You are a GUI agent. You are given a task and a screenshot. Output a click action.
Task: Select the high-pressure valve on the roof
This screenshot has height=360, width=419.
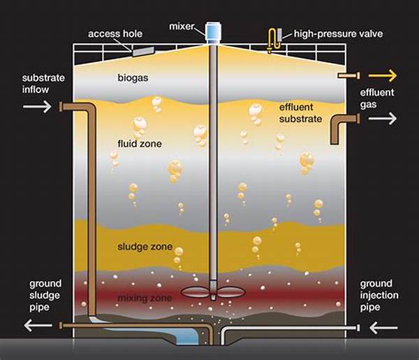coord(274,40)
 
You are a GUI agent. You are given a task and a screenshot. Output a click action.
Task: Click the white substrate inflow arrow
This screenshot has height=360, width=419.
coord(36,106)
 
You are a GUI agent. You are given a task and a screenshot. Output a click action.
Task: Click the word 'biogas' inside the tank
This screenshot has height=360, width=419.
coord(133,78)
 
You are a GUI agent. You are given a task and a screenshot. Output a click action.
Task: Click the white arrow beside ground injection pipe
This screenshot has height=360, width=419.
coord(382,326)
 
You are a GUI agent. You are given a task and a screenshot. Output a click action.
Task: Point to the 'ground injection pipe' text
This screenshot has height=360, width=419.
coord(380,295)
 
